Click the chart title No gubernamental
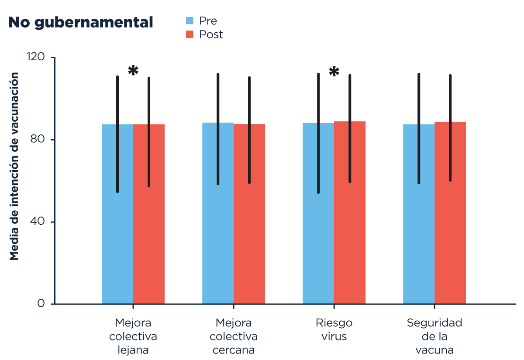point(81,22)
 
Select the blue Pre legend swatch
point(190,21)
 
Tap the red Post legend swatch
point(190,34)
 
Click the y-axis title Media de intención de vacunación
point(15,166)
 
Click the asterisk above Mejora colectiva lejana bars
point(133,70)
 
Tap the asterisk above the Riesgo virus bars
point(334,72)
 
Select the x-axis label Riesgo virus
point(334,329)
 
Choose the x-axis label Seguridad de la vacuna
point(434,336)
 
